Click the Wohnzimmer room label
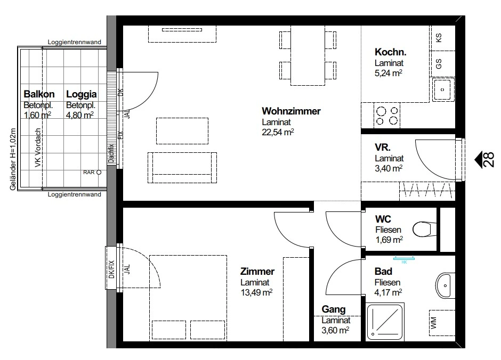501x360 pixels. pos(291,111)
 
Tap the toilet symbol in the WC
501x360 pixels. pos(424,230)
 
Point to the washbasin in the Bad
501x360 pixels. pos(445,285)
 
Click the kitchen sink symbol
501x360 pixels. pos(443,89)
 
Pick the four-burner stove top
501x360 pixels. pos(386,116)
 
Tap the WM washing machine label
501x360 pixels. pos(433,323)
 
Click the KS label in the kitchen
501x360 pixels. pos(439,38)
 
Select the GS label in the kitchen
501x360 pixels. pos(439,63)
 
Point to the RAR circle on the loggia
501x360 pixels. pos(99,173)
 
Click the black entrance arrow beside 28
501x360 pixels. pos(478,160)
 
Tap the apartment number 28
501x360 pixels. pos(489,160)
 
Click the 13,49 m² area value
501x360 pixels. pos(256,292)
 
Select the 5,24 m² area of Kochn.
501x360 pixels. pos(388,73)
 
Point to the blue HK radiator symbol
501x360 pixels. pos(404,259)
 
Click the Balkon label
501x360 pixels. pos(39,94)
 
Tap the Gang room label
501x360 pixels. pos(334,309)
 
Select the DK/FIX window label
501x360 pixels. pos(111,269)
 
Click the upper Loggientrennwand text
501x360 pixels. pos(75,42)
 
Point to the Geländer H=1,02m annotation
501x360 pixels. pos(13,159)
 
